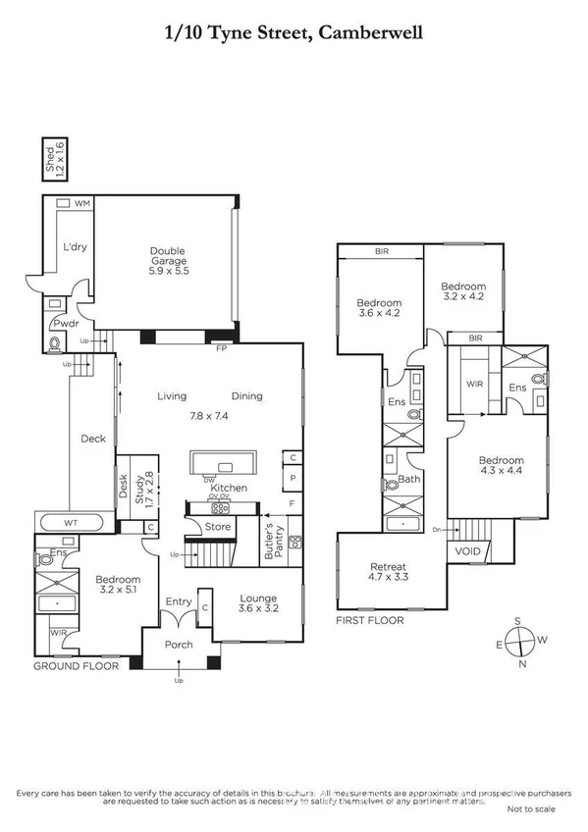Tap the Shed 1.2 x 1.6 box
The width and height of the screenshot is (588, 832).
point(57,158)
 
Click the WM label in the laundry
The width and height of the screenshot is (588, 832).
point(82,203)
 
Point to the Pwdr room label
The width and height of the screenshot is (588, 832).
point(66,322)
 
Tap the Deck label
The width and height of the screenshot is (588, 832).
point(92,439)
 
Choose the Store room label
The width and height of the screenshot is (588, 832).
point(217,527)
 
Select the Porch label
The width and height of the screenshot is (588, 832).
point(178,645)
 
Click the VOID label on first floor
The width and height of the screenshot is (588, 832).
point(467,551)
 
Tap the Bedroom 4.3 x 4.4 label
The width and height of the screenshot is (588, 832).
point(501,466)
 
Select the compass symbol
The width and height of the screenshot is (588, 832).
point(522,643)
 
